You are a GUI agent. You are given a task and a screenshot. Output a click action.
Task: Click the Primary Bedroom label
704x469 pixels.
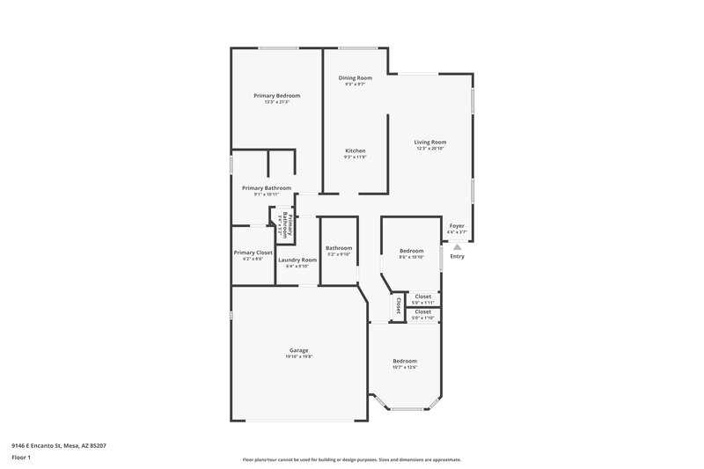pos(277,95)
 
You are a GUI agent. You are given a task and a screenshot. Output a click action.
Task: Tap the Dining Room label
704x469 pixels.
pos(356,77)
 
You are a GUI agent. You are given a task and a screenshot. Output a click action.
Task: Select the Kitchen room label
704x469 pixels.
pos(355,150)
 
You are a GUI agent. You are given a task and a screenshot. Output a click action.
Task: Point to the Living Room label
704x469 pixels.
pos(431,142)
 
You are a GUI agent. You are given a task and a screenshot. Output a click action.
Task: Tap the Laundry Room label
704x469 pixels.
pos(297,260)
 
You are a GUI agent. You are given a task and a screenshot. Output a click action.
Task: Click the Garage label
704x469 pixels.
pos(299,349)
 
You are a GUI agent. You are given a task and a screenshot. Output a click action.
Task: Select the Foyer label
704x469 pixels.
pos(457,225)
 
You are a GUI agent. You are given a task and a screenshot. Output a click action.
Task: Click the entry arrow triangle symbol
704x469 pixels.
pos(457,247)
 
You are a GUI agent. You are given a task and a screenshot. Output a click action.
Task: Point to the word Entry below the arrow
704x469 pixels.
pos(457,256)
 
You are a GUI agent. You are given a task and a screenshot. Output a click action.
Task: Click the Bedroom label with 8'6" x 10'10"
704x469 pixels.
pos(412,251)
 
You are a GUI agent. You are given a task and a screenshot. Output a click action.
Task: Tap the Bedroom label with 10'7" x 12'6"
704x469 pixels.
pos(405,361)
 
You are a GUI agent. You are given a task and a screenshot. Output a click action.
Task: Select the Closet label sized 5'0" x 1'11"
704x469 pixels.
pos(423,297)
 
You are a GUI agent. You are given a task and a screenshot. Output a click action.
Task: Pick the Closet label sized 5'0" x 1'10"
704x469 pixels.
pos(423,311)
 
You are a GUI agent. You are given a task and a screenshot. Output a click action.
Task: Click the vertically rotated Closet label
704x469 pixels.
pos(398,305)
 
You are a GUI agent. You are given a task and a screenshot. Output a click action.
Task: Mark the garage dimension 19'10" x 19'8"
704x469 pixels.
pos(299,356)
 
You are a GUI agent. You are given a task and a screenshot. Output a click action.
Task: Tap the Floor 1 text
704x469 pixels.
pos(22,458)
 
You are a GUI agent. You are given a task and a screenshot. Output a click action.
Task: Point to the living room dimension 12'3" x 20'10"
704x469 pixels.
pos(431,149)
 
